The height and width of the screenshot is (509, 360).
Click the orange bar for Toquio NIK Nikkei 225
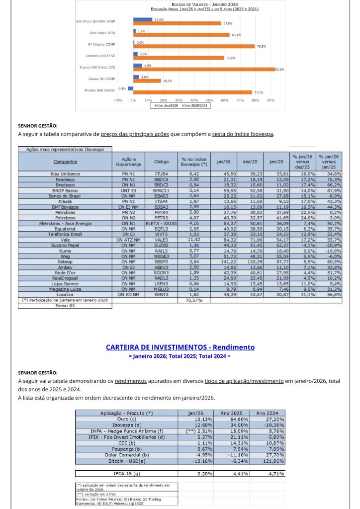click(x=204, y=69)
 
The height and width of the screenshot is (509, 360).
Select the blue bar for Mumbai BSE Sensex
click(x=130, y=88)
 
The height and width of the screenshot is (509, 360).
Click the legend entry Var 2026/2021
click(x=188, y=105)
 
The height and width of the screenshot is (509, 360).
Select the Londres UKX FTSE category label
click(x=100, y=55)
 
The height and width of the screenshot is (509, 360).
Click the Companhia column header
click(x=65, y=161)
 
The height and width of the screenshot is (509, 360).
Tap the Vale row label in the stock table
click(x=65, y=240)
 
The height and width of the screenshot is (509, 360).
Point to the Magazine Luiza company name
click(x=65, y=288)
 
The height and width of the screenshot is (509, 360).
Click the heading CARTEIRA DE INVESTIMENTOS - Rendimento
click(x=180, y=347)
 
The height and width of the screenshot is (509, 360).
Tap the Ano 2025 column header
click(x=231, y=413)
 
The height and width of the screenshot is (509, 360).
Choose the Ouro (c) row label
click(x=126, y=419)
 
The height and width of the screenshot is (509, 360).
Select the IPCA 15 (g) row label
click(x=126, y=473)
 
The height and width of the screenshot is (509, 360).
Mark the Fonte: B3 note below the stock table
click(x=65, y=306)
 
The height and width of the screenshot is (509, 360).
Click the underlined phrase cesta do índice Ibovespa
click(x=243, y=134)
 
